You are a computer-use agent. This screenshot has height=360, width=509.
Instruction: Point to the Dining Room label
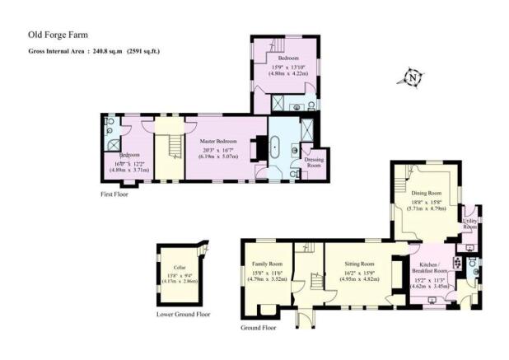[427, 192]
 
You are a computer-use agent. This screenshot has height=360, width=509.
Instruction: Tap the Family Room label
[266, 264]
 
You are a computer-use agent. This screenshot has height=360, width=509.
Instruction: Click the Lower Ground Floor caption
[183, 314]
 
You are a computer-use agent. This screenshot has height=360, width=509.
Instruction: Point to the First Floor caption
[116, 194]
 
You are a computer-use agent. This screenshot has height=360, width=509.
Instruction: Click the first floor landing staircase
[171, 149]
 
